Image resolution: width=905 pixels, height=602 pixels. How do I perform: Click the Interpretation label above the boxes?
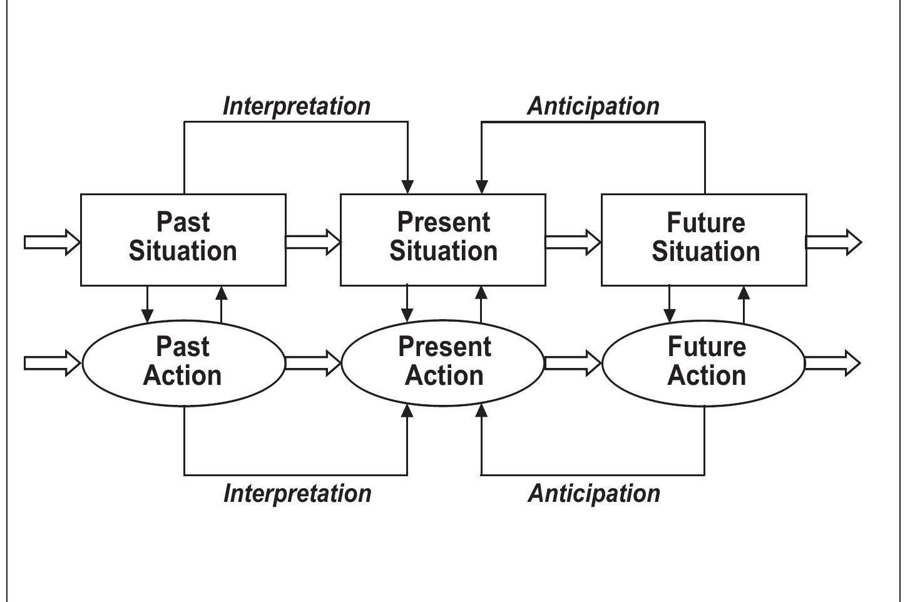point(297,106)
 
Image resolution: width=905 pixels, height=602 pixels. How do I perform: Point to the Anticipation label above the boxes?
point(593,106)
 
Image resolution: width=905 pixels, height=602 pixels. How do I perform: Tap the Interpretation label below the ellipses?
point(297,493)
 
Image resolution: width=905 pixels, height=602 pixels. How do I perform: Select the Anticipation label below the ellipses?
point(594,493)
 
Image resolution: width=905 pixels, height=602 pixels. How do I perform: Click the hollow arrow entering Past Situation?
point(52,242)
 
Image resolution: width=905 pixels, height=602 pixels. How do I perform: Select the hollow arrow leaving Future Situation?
point(833,242)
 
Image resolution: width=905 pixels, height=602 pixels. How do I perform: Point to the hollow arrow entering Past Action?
point(52,363)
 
